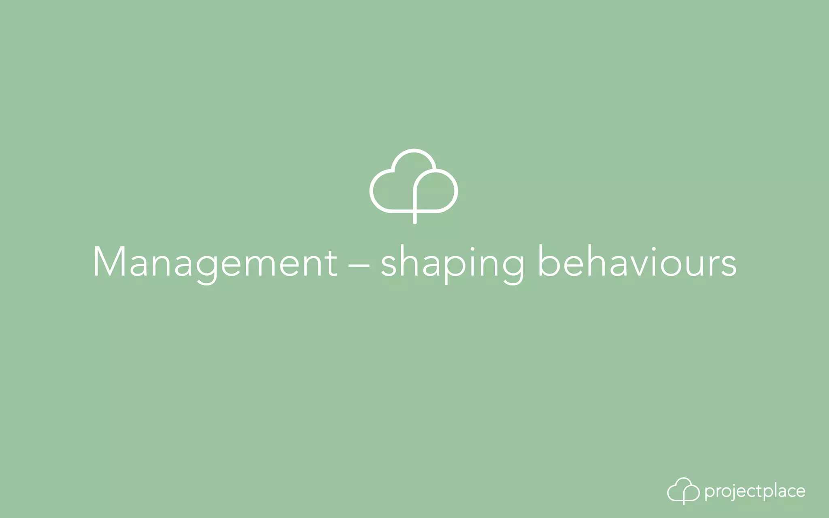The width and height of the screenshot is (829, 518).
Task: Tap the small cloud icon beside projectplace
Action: point(683,491)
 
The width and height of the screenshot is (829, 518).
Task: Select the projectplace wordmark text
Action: point(755,491)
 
